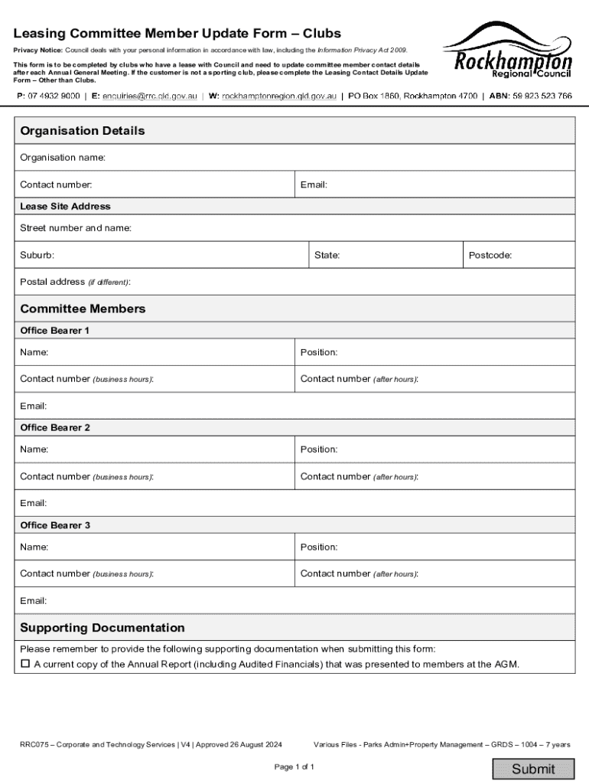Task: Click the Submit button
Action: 533,769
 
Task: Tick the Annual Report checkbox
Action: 25,664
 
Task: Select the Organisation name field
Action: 337,158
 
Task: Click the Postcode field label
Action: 490,255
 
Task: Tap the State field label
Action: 327,255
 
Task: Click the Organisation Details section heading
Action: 83,131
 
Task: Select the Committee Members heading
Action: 83,309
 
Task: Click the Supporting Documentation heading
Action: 103,628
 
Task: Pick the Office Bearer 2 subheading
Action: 55,428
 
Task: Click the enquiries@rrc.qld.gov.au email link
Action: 150,96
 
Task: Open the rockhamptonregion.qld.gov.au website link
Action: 279,96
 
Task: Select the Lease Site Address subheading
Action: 65,207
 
